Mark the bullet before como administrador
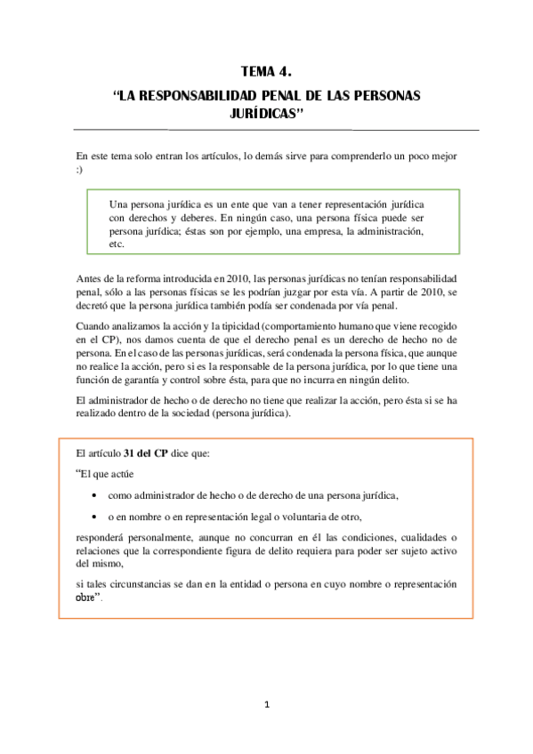coord(96,496)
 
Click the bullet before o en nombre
coord(96,517)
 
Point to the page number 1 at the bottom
coord(266,705)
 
